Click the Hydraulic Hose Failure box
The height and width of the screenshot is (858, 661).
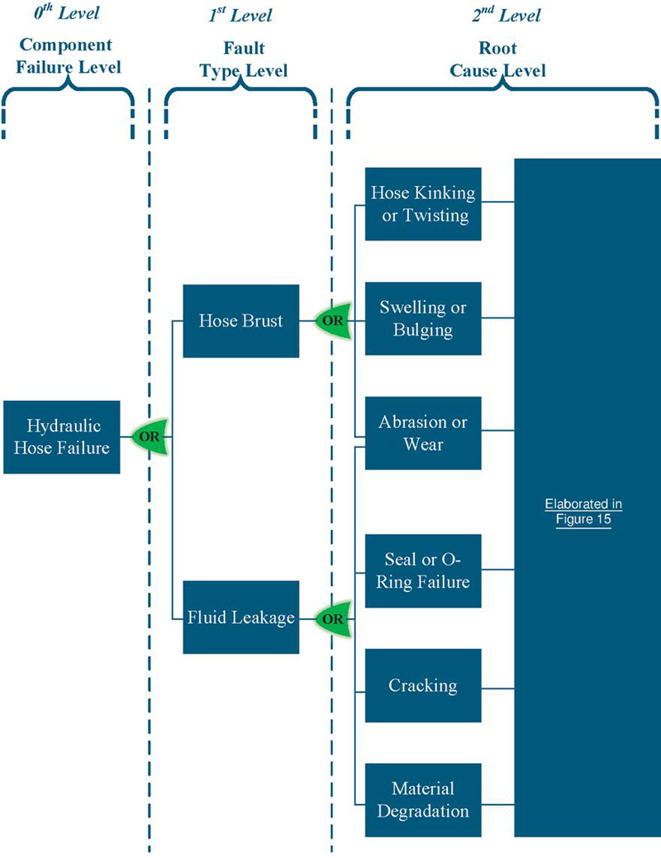point(62,437)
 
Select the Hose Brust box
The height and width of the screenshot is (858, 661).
point(240,321)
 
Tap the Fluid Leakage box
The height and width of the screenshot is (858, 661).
point(240,617)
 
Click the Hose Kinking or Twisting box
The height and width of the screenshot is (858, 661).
point(423,204)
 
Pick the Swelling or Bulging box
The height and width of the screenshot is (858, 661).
point(423,318)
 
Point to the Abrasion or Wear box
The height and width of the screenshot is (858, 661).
point(423,433)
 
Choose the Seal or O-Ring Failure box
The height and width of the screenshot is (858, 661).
point(423,570)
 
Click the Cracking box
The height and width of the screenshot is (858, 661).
point(423,685)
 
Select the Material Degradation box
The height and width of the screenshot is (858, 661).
point(423,799)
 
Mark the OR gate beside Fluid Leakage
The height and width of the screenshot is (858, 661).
point(333,617)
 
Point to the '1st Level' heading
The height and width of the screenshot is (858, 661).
point(242,14)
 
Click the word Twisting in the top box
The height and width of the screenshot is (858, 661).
point(437,216)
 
